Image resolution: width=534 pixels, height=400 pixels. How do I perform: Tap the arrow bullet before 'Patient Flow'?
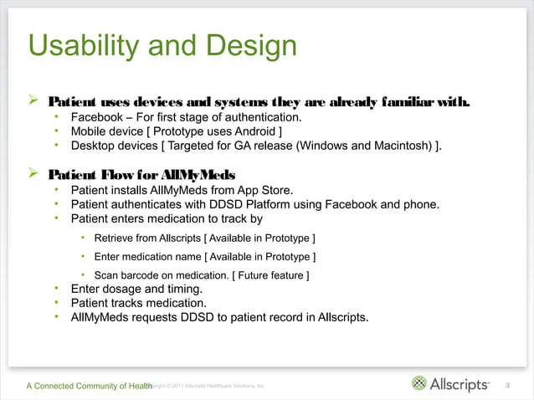click(x=34, y=173)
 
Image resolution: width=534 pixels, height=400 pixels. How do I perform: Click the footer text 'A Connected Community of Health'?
click(x=88, y=385)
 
